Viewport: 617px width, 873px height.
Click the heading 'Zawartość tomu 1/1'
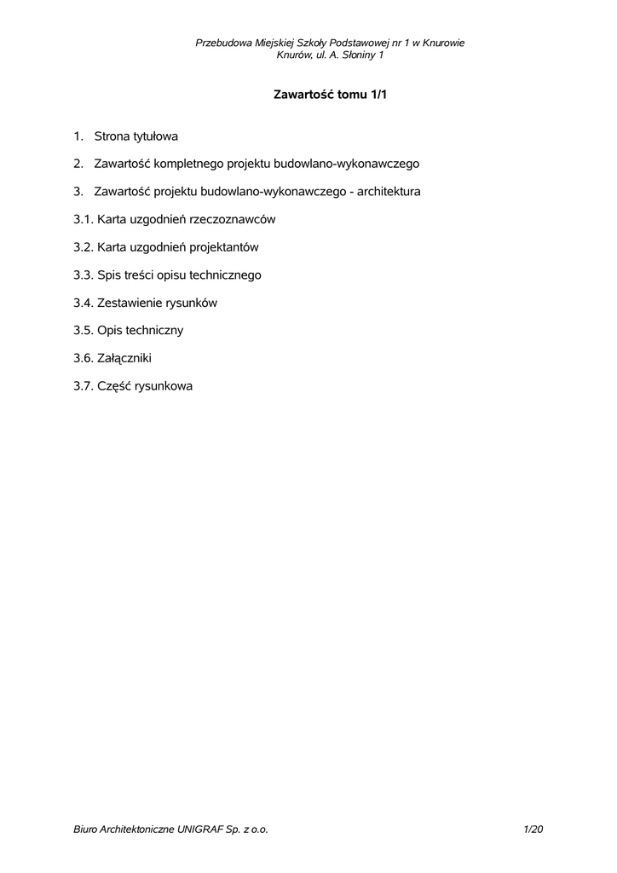click(x=330, y=95)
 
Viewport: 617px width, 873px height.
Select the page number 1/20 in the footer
click(x=533, y=829)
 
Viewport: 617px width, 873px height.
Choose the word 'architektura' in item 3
click(x=389, y=191)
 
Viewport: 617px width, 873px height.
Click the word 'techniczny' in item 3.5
click(x=156, y=330)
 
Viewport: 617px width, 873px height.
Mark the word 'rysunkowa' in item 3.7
click(x=164, y=386)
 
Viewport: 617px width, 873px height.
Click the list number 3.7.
click(x=83, y=386)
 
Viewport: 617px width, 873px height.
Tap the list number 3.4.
click(x=83, y=303)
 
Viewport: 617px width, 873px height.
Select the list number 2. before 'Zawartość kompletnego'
click(x=78, y=163)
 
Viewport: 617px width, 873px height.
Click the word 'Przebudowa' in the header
click(x=224, y=43)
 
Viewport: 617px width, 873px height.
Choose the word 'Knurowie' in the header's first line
click(x=443, y=43)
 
